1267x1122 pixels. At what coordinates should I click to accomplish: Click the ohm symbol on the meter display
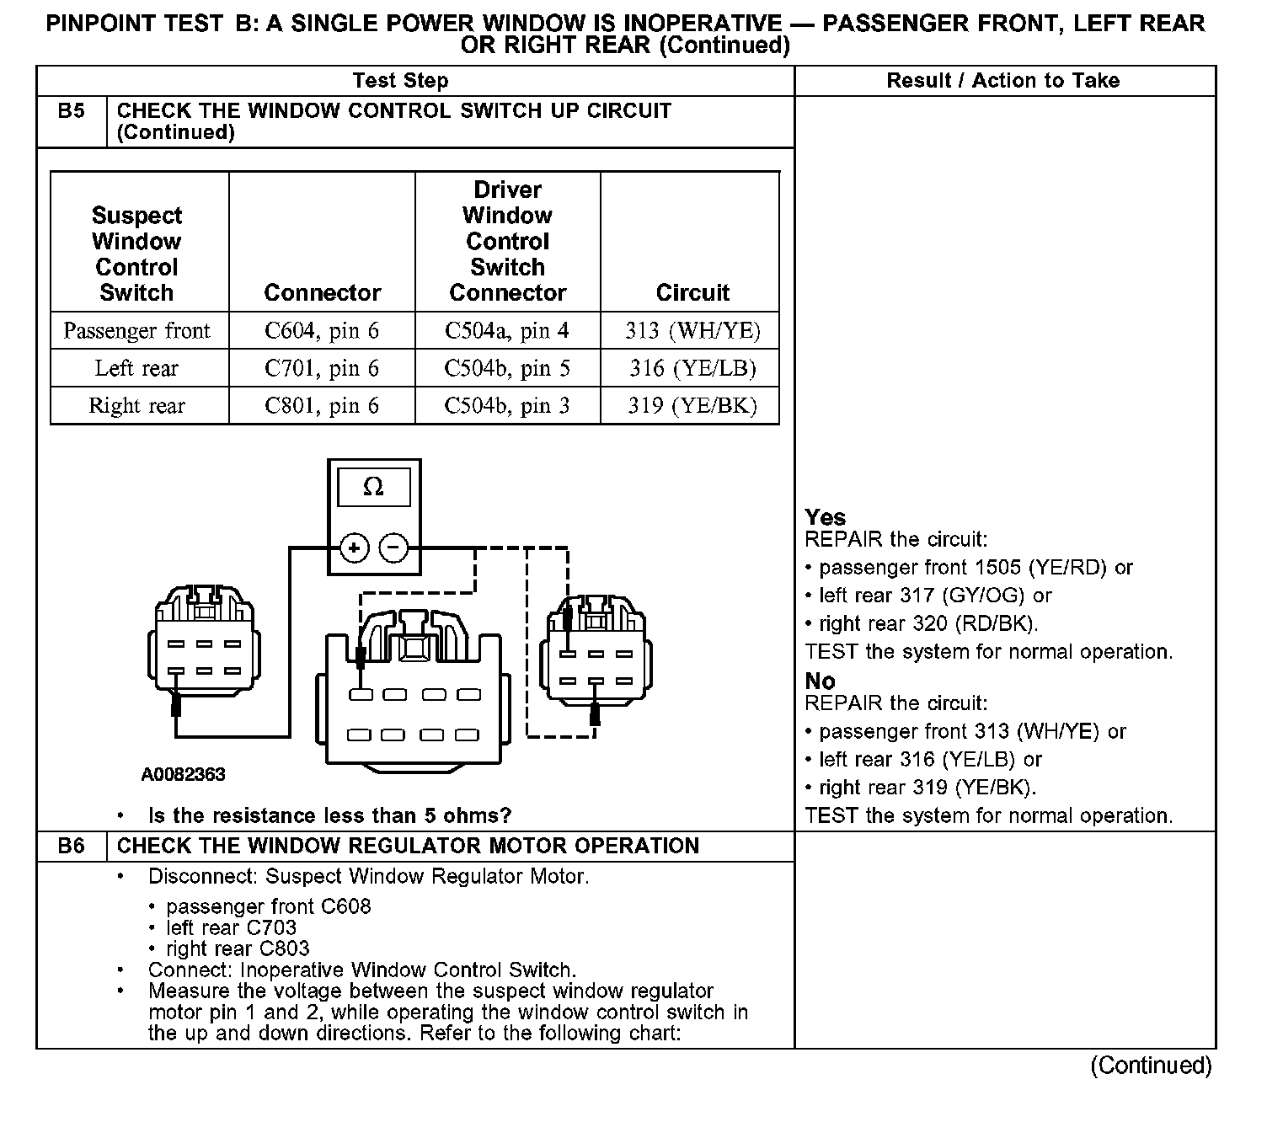click(x=373, y=488)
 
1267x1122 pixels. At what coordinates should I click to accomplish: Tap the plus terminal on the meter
click(x=355, y=548)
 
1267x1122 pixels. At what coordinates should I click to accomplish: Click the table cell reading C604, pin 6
click(x=322, y=331)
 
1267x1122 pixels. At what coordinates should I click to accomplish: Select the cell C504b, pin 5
click(x=507, y=368)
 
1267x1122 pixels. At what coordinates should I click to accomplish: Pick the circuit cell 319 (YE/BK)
click(x=692, y=406)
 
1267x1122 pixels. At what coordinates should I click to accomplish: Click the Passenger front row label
click(x=136, y=331)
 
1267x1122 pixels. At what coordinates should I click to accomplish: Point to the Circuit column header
click(x=692, y=292)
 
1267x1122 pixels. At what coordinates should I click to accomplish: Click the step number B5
click(x=72, y=111)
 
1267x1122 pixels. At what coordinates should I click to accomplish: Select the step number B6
click(x=72, y=846)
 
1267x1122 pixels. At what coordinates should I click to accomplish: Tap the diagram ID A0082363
click(x=183, y=775)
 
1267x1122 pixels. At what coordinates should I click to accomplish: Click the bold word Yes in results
click(x=825, y=517)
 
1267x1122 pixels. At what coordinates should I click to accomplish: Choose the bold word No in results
click(x=820, y=681)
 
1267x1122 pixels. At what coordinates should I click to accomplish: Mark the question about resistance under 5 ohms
click(x=329, y=815)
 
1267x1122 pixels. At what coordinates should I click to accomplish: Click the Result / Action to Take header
click(x=1002, y=81)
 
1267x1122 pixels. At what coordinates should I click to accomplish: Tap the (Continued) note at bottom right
click(x=1151, y=1066)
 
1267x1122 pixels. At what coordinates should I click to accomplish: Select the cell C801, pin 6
click(x=322, y=406)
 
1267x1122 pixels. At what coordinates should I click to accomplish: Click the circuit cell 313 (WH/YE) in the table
click(x=692, y=331)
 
